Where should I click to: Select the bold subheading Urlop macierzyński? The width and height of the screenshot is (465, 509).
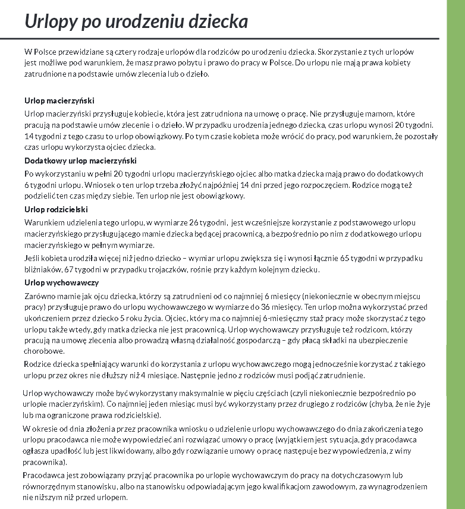59,100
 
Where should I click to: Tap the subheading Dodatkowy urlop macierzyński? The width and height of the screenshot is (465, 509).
81,161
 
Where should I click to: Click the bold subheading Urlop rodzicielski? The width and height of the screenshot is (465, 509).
56,209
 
